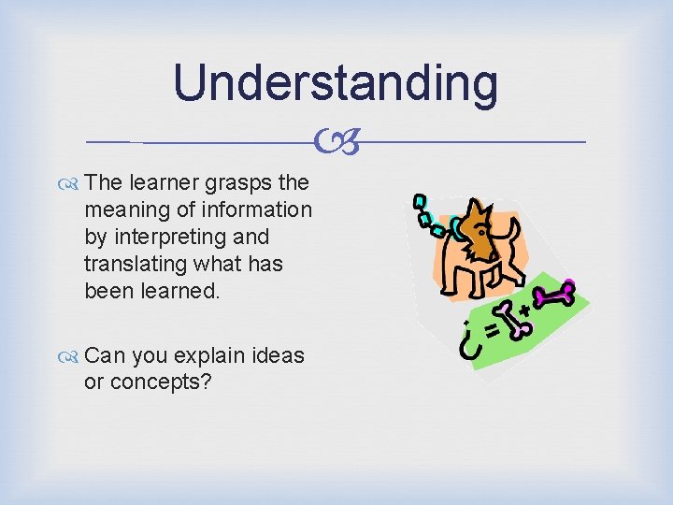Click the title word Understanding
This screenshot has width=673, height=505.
tap(336, 82)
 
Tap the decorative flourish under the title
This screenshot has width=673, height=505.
tap(336, 143)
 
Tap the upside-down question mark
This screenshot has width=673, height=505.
tap(464, 342)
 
